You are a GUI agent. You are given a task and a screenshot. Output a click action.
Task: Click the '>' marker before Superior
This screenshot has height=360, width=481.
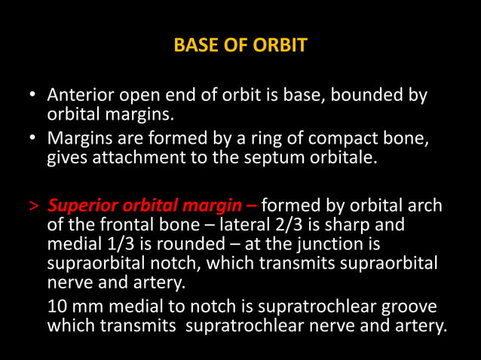[x=33, y=206]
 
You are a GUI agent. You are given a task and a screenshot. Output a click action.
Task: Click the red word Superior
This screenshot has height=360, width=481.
[x=81, y=206]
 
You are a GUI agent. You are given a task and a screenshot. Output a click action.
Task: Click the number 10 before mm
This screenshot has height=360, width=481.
[x=57, y=307]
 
